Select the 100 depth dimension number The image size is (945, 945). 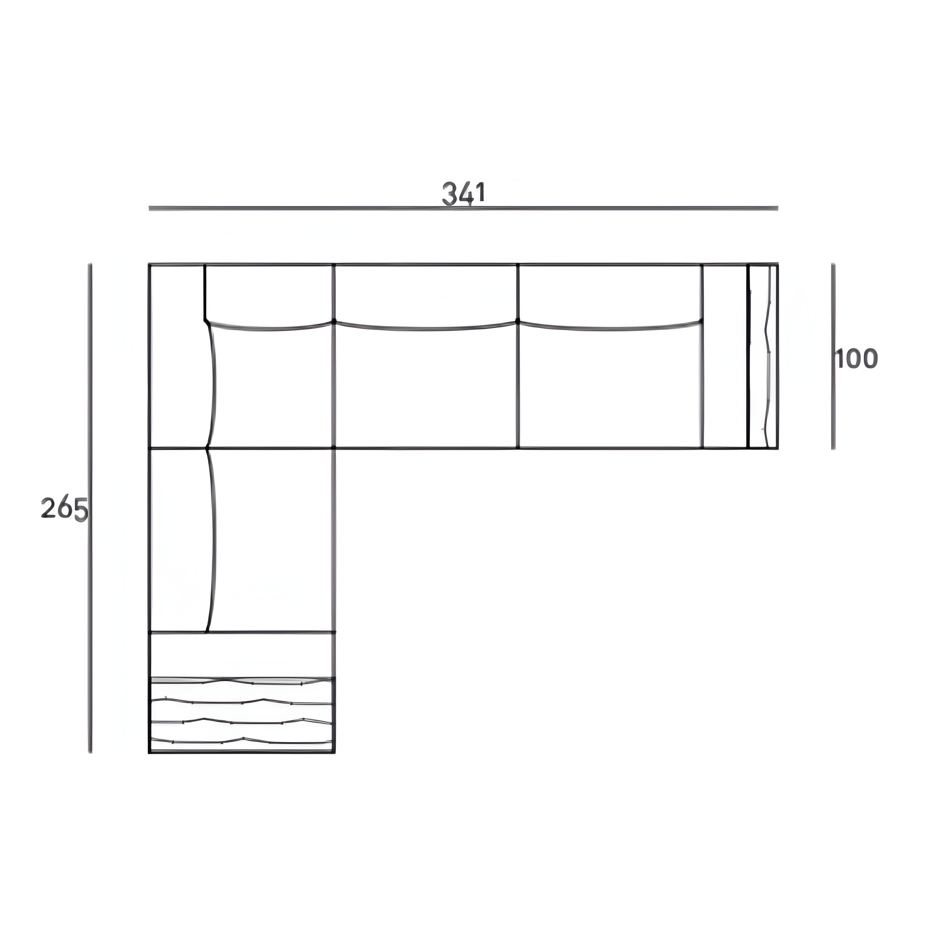pyautogui.click(x=856, y=359)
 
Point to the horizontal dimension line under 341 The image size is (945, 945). pyautogui.click(x=463, y=208)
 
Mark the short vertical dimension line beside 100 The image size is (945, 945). pyautogui.click(x=833, y=356)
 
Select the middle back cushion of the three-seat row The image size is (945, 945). pyautogui.click(x=425, y=296)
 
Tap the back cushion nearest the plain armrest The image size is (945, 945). pyautogui.click(x=610, y=296)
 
